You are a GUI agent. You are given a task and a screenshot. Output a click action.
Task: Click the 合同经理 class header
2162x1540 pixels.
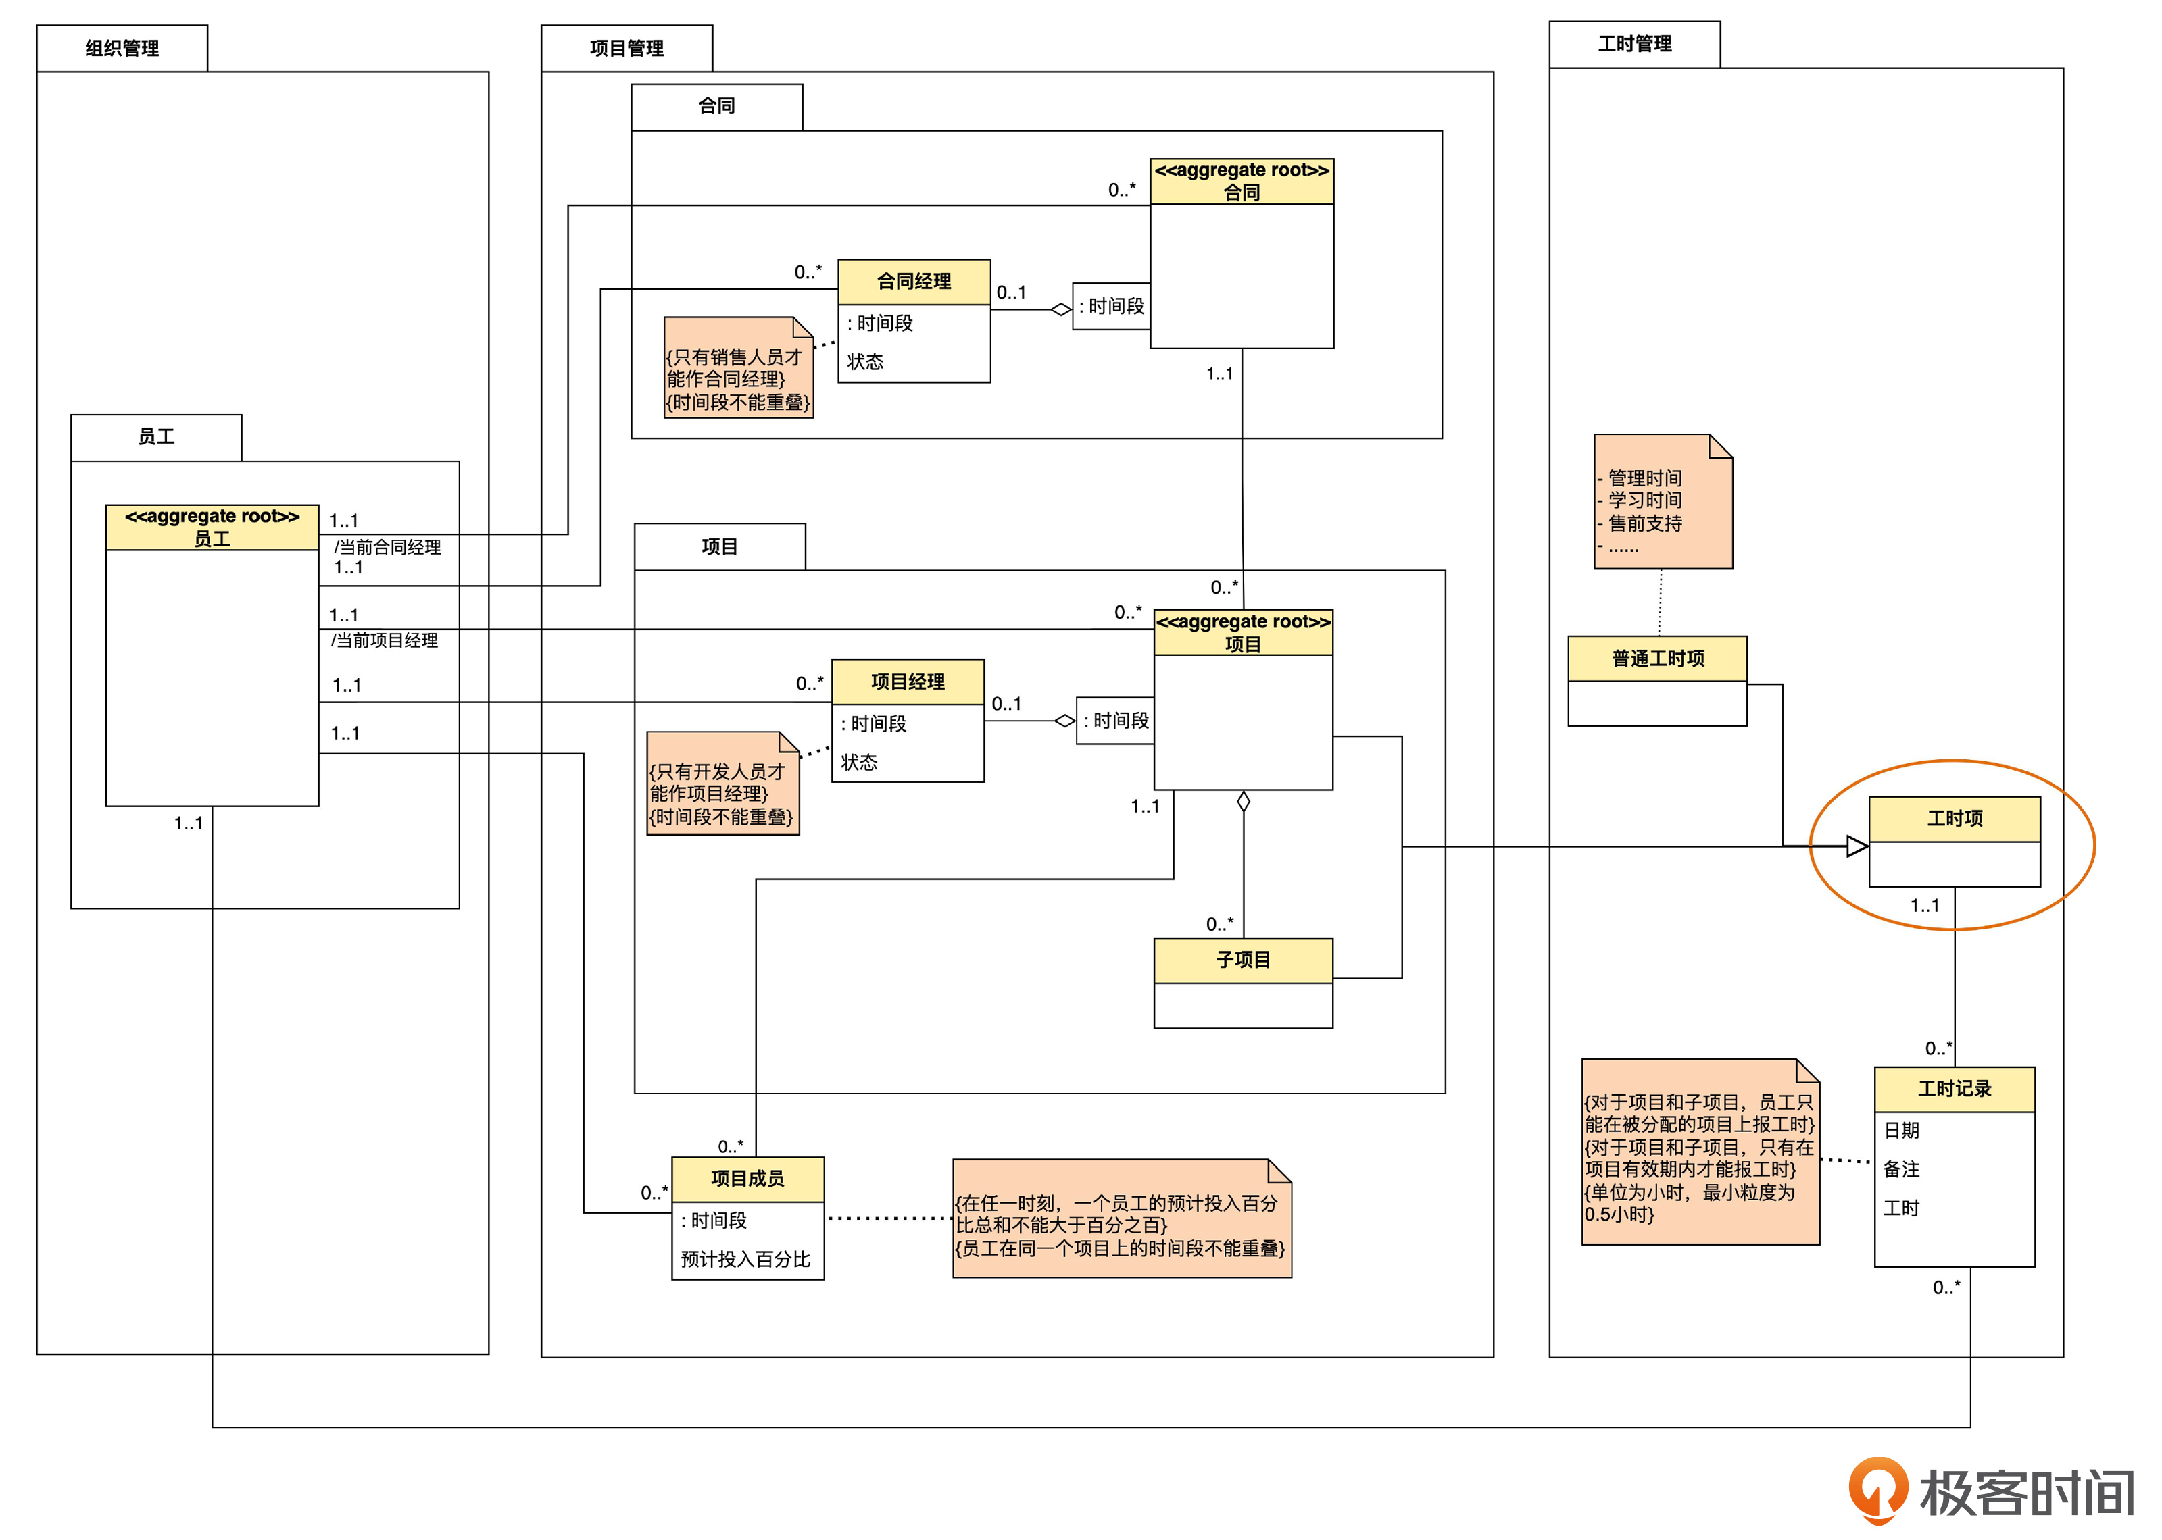[914, 282]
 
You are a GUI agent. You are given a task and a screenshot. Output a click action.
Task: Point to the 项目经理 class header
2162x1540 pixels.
[907, 682]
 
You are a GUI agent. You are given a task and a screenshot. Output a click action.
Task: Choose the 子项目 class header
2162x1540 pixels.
[1243, 960]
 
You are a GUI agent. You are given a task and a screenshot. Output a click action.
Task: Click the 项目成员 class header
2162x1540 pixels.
[747, 1179]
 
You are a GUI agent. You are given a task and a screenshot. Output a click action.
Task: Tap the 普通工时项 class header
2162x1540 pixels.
[1657, 658]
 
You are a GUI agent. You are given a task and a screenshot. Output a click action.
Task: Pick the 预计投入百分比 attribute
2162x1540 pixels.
[745, 1259]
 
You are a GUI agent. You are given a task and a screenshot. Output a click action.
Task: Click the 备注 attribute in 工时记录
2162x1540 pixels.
[1901, 1169]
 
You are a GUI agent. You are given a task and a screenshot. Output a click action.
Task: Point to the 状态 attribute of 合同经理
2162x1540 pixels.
[865, 361]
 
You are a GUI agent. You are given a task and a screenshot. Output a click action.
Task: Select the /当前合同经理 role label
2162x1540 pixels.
[387, 547]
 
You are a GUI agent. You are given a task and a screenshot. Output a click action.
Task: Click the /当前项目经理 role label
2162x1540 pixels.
[384, 640]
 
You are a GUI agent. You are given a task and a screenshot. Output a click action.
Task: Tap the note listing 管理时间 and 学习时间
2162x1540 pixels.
[1662, 503]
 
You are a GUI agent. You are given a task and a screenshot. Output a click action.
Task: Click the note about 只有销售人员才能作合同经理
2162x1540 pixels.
[737, 369]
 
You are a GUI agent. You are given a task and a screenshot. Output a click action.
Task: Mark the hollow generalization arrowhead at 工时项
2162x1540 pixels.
[1857, 846]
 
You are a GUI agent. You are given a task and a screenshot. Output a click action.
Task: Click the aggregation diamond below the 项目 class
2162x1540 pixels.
[1243, 801]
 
